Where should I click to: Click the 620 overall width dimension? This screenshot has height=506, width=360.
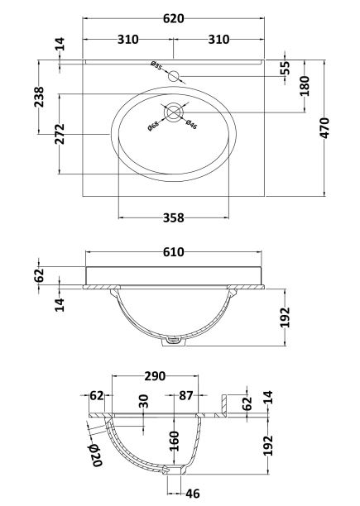click(174, 18)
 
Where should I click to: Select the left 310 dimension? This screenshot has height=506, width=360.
click(127, 40)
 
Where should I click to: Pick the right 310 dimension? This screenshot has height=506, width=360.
click(218, 40)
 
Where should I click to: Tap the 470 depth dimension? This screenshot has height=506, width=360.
click(324, 128)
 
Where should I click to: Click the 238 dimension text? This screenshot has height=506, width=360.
click(39, 97)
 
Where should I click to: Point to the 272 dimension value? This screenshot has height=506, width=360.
click(60, 134)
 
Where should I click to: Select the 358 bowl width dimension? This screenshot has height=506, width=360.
click(174, 217)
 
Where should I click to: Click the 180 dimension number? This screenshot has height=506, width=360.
click(305, 86)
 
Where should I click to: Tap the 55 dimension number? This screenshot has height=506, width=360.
click(285, 68)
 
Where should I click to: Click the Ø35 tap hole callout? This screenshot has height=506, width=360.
click(156, 65)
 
